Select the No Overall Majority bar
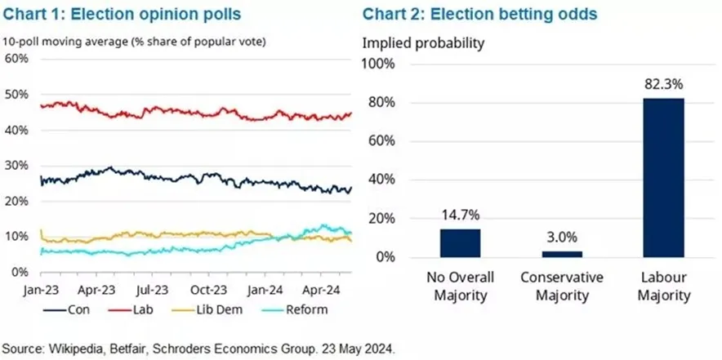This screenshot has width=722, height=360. point(460,243)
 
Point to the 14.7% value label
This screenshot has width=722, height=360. point(460,216)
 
